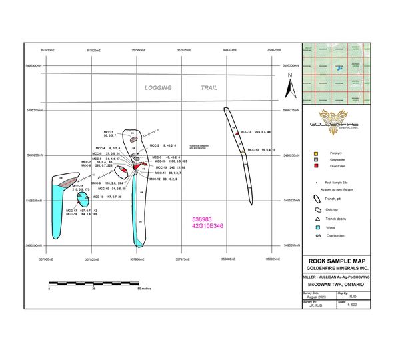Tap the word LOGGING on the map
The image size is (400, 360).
[x=159, y=88]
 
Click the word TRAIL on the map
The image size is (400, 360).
[x=214, y=88]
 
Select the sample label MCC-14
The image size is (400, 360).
[x=246, y=132]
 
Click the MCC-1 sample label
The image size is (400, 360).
[x=108, y=132]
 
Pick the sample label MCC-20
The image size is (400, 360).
[x=159, y=161]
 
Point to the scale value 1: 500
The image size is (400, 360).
[x=348, y=305]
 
